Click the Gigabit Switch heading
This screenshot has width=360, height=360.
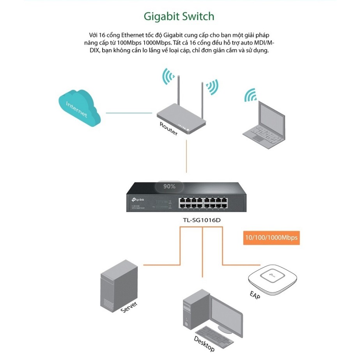[x=179, y=16]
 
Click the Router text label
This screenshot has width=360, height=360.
[x=168, y=128]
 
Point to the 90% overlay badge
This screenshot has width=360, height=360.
[x=169, y=186]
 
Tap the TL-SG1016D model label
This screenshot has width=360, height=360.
[x=202, y=220]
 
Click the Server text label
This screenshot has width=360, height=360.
[x=129, y=305]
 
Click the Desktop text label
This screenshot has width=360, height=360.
[x=204, y=342]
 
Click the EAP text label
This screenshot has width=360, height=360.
[x=255, y=294]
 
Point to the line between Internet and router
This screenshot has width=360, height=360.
[x=129, y=113]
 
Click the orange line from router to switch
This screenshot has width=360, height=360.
[x=187, y=160]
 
